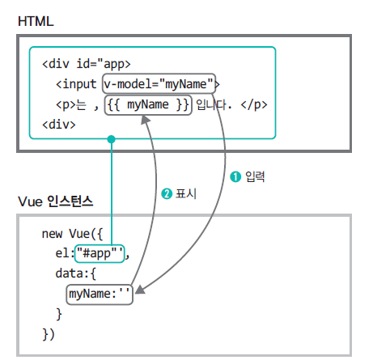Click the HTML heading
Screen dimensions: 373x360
point(36,21)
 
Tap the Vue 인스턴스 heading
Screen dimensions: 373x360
point(55,201)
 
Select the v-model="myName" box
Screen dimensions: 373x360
point(159,84)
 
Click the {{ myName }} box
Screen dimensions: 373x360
point(148,105)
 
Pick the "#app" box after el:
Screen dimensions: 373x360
point(100,253)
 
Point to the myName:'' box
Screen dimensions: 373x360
point(100,294)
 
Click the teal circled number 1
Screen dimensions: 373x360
point(235,177)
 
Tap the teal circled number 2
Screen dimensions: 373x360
point(167,194)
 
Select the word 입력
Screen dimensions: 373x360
point(255,176)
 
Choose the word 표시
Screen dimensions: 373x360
point(186,193)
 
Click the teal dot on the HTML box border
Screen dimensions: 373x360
point(111,139)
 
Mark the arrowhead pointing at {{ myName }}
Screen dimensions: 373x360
point(146,120)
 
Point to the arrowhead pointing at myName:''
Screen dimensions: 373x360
point(140,290)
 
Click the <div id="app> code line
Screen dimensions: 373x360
point(87,64)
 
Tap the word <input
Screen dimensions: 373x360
point(76,84)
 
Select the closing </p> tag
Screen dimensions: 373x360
point(254,104)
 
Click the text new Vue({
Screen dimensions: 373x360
point(72,234)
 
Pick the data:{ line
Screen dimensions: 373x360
point(75,273)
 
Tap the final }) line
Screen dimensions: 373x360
point(49,334)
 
